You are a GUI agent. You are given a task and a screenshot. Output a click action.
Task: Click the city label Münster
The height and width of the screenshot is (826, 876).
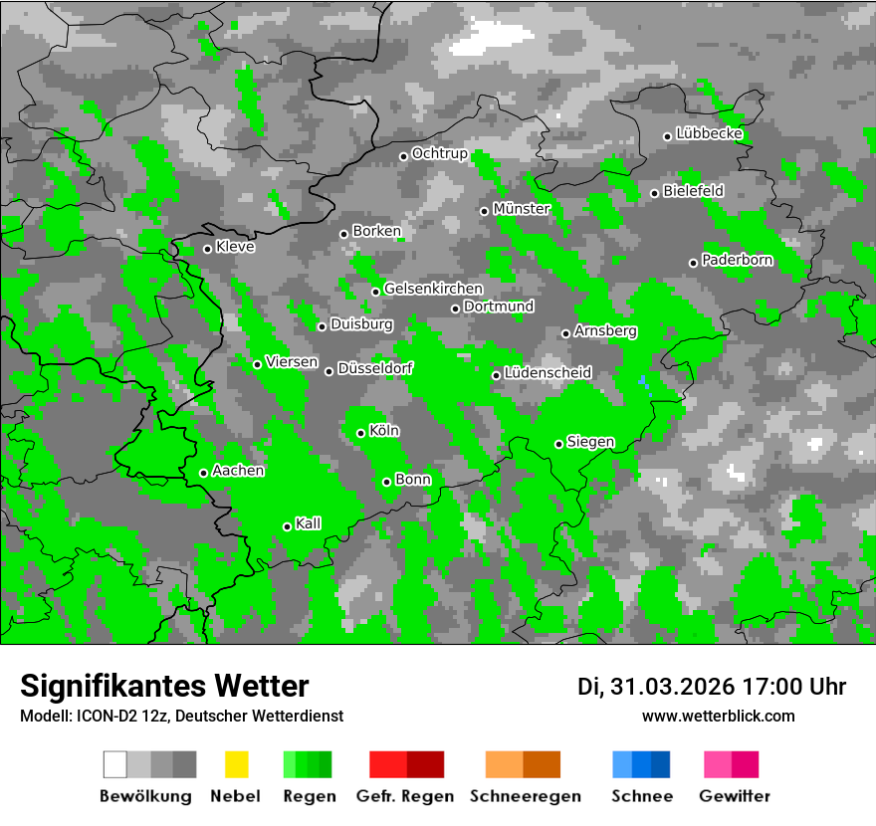click(522, 209)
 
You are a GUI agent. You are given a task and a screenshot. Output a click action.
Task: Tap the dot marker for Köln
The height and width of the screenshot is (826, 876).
click(360, 433)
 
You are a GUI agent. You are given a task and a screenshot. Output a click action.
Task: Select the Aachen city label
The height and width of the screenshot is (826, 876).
click(238, 471)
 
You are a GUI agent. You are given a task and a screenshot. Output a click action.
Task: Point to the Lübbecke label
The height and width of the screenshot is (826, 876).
click(710, 133)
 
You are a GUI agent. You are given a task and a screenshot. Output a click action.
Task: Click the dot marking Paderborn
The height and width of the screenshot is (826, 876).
click(693, 263)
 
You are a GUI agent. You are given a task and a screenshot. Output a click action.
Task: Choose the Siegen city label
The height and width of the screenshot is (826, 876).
click(590, 442)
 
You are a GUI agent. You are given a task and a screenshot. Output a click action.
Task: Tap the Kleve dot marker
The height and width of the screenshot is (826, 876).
click(207, 249)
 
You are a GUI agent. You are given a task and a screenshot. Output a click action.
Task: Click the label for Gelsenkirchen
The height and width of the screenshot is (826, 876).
click(433, 289)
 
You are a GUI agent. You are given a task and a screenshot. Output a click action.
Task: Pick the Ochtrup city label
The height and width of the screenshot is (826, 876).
click(439, 154)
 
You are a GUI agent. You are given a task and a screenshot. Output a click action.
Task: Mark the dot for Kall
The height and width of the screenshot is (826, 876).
click(287, 526)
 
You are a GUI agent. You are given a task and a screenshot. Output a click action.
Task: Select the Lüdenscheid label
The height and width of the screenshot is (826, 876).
click(547, 373)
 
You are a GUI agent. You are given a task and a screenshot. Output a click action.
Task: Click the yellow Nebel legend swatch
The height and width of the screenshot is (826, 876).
click(236, 764)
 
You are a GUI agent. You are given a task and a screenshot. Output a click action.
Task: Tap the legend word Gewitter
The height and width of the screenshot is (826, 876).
click(735, 796)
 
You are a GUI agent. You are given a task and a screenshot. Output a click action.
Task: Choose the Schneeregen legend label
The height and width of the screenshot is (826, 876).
click(526, 796)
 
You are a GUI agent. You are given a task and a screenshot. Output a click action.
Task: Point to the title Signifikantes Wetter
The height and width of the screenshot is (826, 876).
click(164, 686)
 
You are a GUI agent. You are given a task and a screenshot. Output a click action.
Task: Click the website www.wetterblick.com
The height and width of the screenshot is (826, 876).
click(718, 716)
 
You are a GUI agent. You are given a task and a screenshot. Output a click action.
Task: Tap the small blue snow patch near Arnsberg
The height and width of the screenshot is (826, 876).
click(643, 382)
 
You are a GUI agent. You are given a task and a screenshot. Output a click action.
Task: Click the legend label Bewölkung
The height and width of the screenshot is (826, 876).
click(145, 796)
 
